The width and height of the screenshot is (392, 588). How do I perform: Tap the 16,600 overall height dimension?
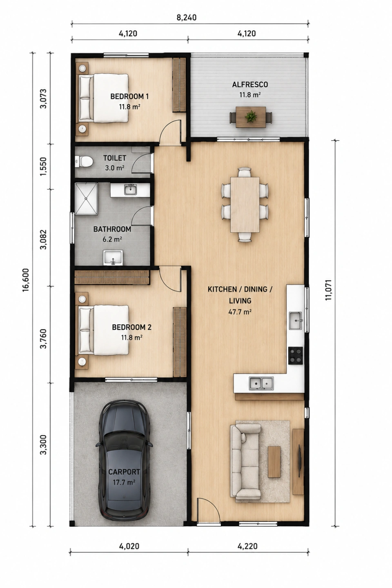pos(25,280)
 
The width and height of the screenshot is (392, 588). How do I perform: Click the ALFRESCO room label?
pos(250,85)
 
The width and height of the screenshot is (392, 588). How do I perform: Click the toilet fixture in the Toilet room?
pos(83,161)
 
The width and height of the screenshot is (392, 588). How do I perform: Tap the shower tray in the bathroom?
pos(87,199)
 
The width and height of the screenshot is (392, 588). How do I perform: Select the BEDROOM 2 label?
pos(131,327)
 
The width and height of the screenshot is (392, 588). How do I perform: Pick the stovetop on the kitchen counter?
pos(295,355)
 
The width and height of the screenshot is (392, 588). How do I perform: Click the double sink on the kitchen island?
pos(261,383)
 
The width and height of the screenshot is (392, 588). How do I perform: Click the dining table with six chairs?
pos(245,205)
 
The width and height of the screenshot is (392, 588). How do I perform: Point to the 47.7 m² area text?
pos(240,312)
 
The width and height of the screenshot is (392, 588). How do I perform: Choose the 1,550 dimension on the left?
pos(43,167)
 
